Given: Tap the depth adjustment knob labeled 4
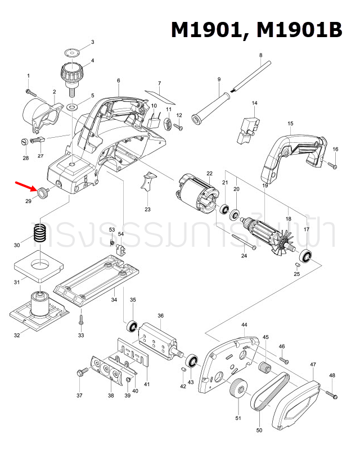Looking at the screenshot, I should point(70,74).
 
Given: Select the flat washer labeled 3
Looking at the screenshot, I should point(72,52).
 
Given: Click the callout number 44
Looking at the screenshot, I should point(244,326).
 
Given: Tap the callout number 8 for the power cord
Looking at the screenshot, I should point(261,55).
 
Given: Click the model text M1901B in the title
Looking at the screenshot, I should point(299,30).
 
